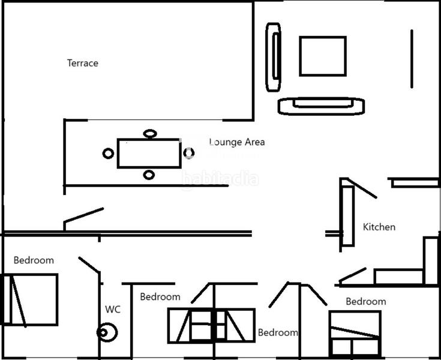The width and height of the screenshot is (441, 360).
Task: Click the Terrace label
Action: [83, 63]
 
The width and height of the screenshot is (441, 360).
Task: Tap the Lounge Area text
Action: [237, 142]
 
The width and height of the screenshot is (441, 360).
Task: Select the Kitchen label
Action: [379, 227]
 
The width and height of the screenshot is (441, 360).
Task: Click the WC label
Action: [113, 310]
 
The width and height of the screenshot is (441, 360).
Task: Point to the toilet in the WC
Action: [107, 332]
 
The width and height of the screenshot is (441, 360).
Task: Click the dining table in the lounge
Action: [148, 154]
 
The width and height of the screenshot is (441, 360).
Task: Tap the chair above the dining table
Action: [149, 133]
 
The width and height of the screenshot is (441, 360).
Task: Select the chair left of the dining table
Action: [108, 154]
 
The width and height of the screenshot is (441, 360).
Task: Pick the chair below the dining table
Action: [149, 175]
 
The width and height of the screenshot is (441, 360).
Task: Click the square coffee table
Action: [323, 56]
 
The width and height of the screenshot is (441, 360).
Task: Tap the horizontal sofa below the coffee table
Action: [322, 106]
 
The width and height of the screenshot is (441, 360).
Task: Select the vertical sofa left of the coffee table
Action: [274, 57]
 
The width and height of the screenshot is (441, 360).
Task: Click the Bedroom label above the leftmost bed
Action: [34, 260]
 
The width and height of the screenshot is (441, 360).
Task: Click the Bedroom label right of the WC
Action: [160, 296]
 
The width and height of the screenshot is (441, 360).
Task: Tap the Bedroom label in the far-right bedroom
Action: [365, 301]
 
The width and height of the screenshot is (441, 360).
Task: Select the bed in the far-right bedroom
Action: [354, 334]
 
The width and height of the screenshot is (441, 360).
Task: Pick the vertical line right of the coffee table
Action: [412, 59]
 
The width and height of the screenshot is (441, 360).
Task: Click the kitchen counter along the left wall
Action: [347, 215]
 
